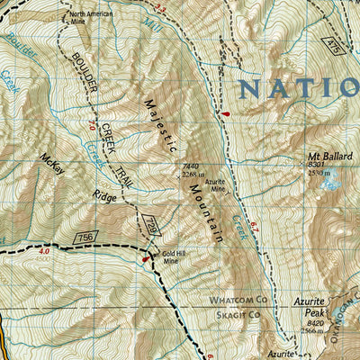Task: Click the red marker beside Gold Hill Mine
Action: tap(144, 260)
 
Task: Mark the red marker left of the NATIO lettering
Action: tap(224, 113)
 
